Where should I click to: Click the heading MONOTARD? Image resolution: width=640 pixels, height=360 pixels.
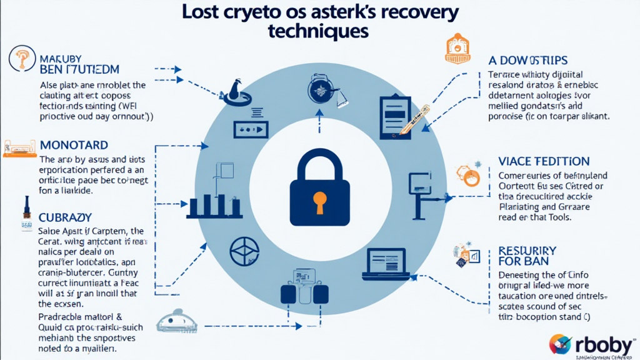coord(74,145)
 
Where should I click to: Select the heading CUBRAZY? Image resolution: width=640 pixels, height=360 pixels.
coord(66,217)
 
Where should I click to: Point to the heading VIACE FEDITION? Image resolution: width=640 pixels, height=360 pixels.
coord(544,162)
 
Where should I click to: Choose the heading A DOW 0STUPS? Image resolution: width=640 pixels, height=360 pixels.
coord(528,60)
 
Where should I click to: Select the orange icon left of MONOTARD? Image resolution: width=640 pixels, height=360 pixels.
coord(17,146)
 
